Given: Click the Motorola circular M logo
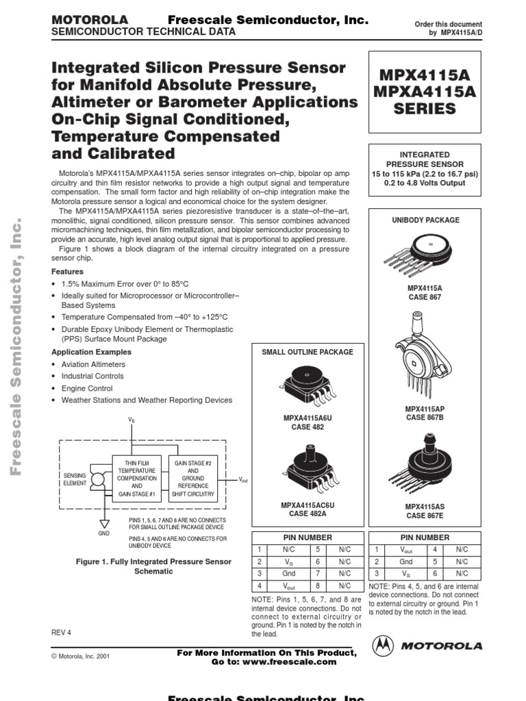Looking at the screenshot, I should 384,645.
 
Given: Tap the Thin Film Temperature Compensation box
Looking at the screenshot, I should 137,477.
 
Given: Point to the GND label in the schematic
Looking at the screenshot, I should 103,532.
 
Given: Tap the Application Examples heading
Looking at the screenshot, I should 92,352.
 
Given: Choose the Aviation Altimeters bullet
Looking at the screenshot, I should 93,364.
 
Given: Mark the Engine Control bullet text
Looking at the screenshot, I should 87,388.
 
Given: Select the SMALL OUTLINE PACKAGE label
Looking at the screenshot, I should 308,352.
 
